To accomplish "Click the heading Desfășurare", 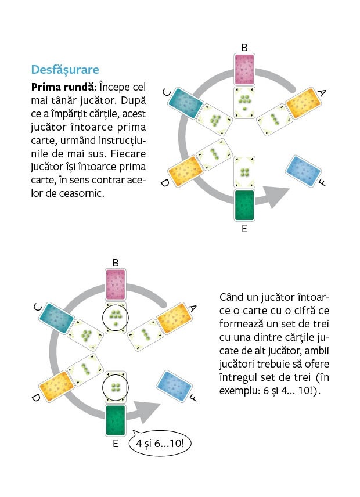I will (x=64, y=70).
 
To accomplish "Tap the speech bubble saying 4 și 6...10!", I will (x=162, y=444).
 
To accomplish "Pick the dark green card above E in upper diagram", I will (x=244, y=205).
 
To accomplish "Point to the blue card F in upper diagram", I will (x=303, y=171).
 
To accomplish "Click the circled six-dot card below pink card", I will (x=116, y=318).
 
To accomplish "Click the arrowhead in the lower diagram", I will (x=150, y=414).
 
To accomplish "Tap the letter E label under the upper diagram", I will (x=244, y=229).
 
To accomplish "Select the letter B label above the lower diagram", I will (x=116, y=263).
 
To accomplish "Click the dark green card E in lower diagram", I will (x=116, y=420).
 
